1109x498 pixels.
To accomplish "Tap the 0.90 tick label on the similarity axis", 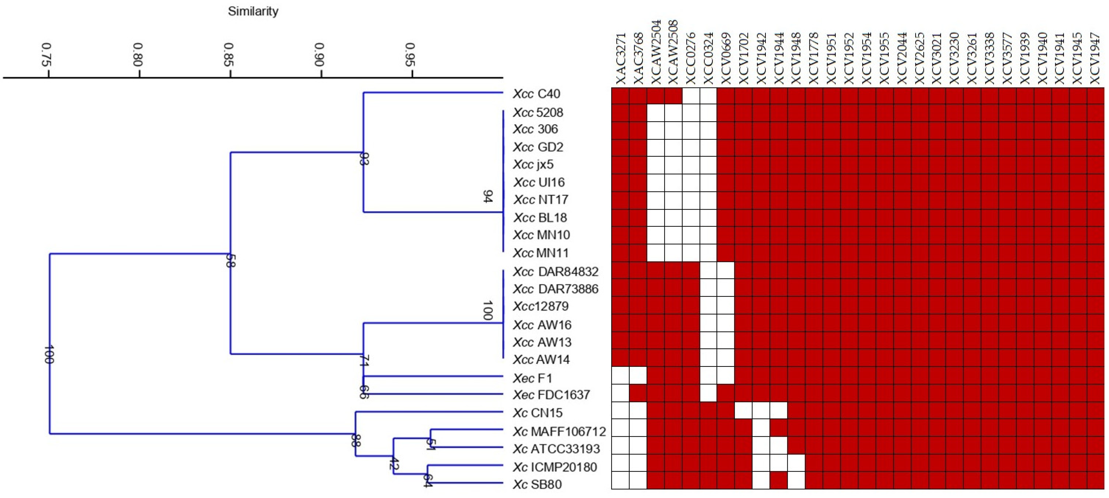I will coord(319,55).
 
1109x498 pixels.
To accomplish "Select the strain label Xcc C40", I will coord(536,94).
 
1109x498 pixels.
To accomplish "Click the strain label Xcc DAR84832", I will coord(555,272).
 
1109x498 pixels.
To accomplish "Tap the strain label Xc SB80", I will coord(537,485).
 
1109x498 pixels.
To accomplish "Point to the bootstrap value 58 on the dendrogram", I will coord(230,261).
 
